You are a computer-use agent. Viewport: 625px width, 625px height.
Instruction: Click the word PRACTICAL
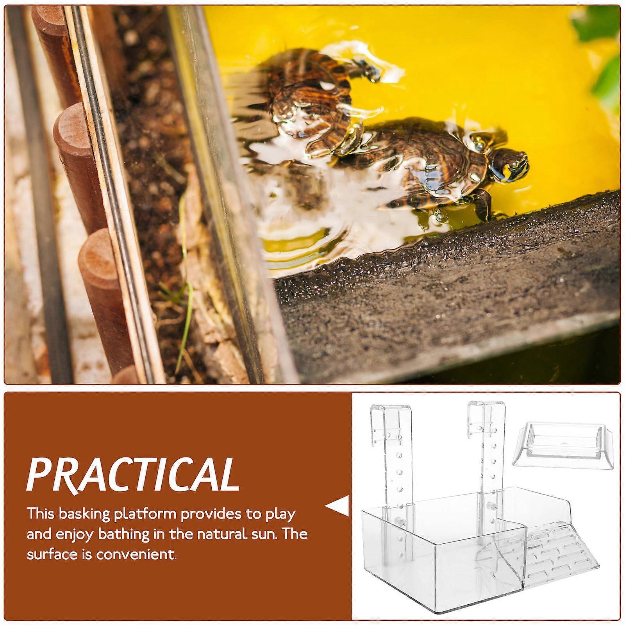click(x=133, y=475)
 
